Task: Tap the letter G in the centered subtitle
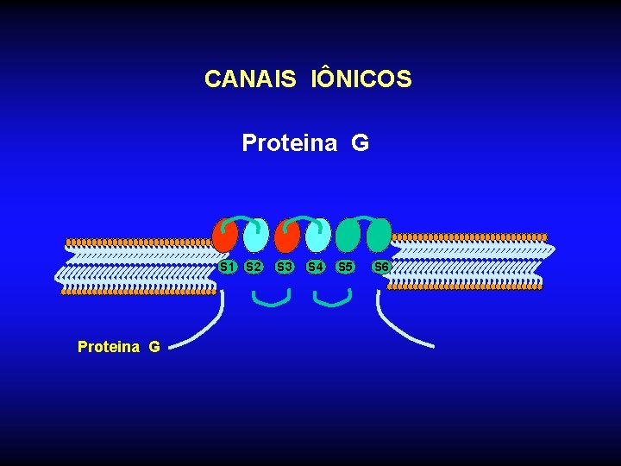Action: click(360, 142)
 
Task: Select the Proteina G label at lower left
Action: click(118, 347)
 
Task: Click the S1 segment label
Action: click(228, 267)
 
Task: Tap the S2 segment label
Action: click(254, 267)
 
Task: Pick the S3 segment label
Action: click(285, 267)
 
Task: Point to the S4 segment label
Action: click(316, 267)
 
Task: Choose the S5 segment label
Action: click(346, 267)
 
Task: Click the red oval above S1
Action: click(224, 236)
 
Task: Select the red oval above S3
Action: click(286, 236)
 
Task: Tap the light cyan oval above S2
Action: click(255, 236)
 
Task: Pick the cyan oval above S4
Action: click(317, 236)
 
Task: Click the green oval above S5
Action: click(348, 236)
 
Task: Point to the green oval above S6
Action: click(379, 235)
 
